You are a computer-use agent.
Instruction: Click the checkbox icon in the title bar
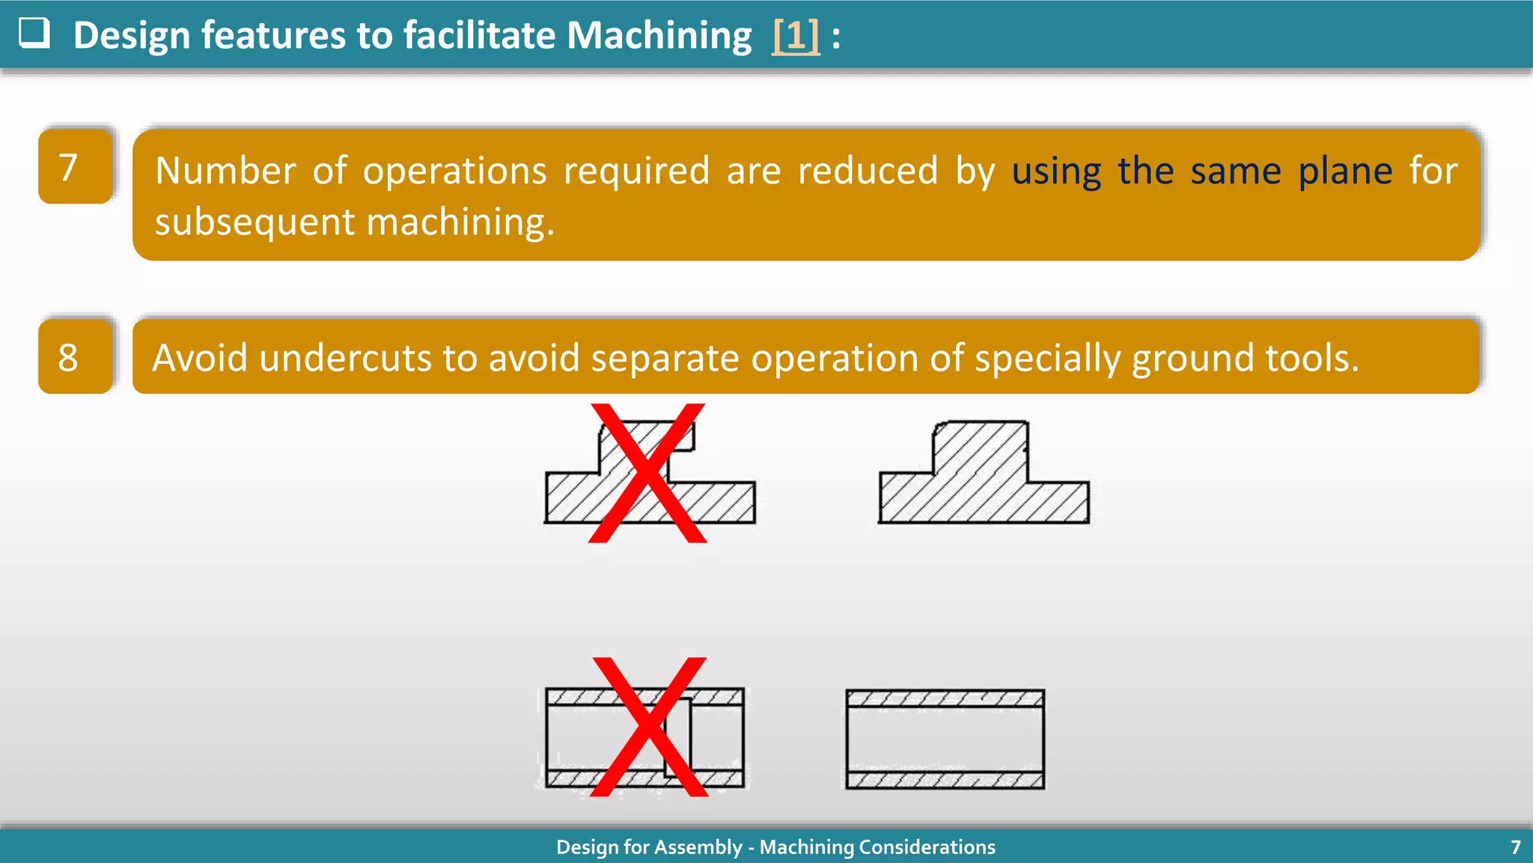tap(34, 33)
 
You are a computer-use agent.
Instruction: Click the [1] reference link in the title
tap(796, 35)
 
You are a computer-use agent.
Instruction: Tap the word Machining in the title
tap(659, 35)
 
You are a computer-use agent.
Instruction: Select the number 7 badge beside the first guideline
tap(75, 166)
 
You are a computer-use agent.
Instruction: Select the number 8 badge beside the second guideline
tap(75, 357)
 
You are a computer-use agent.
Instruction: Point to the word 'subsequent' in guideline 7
tap(255, 222)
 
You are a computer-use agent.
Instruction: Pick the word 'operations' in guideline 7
tap(454, 172)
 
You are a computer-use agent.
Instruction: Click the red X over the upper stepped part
tap(648, 473)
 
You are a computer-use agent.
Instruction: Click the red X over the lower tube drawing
tap(649, 727)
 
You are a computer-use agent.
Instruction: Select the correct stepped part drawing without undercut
tap(983, 473)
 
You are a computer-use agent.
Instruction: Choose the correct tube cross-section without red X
tap(945, 739)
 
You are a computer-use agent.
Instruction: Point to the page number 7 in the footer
tap(1515, 847)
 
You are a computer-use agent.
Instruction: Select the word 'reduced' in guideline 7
tap(868, 172)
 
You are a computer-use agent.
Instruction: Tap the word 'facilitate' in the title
tap(478, 35)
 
